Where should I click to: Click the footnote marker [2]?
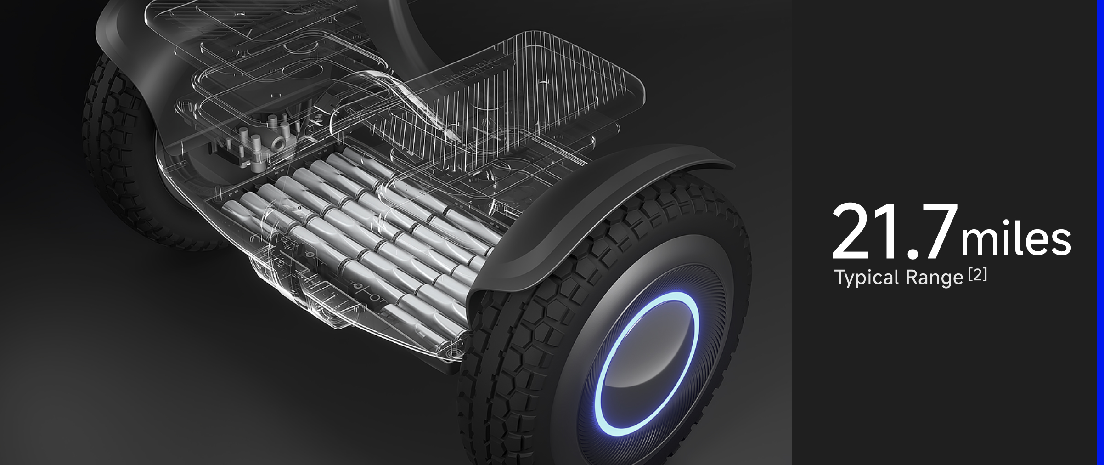coord(977,275)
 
